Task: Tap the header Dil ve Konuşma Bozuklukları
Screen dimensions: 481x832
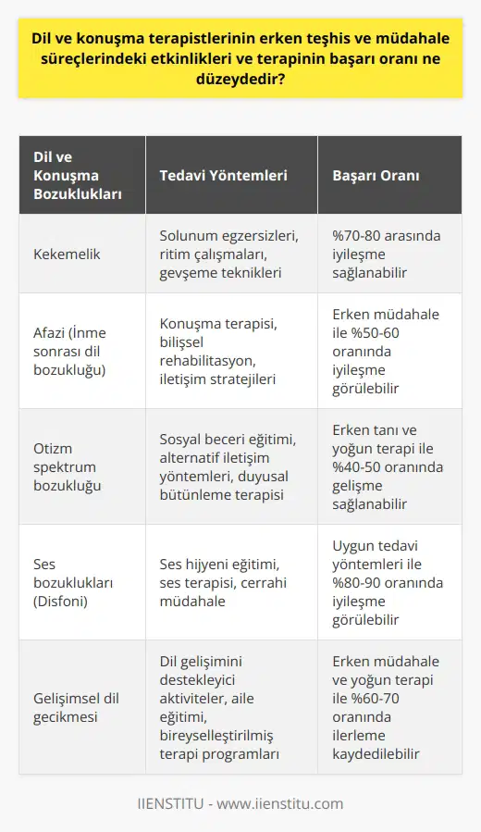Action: [x=72, y=175]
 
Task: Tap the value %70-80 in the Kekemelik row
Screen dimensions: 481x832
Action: [x=354, y=236]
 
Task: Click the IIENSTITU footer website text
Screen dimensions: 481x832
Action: [x=240, y=803]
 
